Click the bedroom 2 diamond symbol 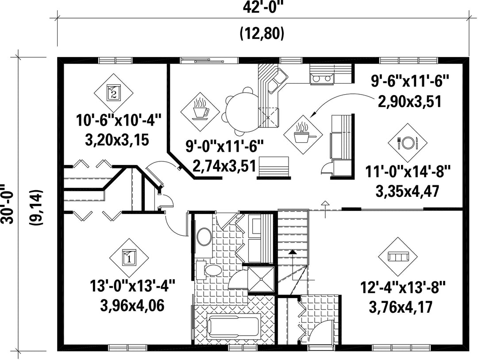coord(113,92)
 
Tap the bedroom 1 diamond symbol coord(129,258)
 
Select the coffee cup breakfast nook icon coord(200,112)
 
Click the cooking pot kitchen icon coord(303,134)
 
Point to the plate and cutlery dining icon coord(407,142)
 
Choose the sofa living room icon coord(398,257)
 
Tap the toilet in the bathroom coord(209,270)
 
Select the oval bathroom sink coord(204,236)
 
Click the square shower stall coord(261,279)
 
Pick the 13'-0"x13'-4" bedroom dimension coord(132,287)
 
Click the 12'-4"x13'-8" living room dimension coord(403,287)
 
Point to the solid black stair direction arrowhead coord(293,252)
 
